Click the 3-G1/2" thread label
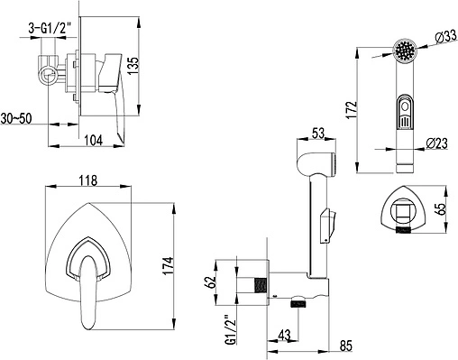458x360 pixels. [x=50, y=29]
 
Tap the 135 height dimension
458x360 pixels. [x=133, y=66]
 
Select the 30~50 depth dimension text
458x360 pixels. [x=16, y=118]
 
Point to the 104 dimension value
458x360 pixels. [x=93, y=140]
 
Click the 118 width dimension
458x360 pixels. [x=88, y=180]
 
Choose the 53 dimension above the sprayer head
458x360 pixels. [x=318, y=133]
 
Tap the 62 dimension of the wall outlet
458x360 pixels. [x=212, y=282]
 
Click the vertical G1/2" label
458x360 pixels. [x=231, y=330]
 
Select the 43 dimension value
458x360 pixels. [x=284, y=335]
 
